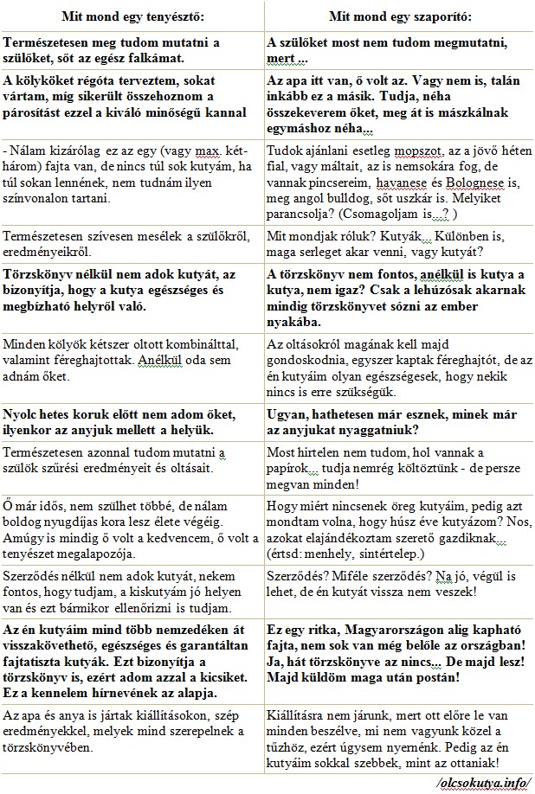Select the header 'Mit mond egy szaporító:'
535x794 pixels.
coord(400,16)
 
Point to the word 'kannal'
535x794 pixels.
coord(227,111)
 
